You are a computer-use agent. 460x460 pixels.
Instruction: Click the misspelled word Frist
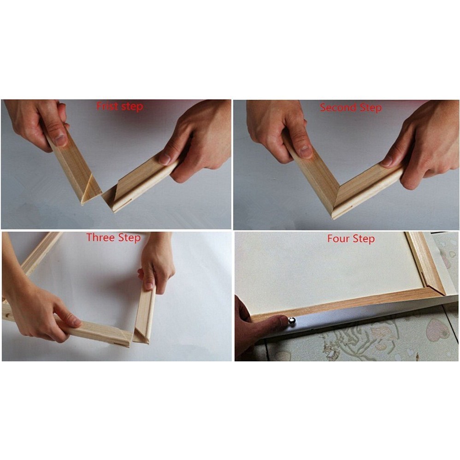pyautogui.click(x=107, y=107)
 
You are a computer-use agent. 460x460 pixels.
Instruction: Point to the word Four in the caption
pyautogui.click(x=338, y=239)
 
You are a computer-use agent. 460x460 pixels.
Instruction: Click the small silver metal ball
pyautogui.click(x=292, y=320)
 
